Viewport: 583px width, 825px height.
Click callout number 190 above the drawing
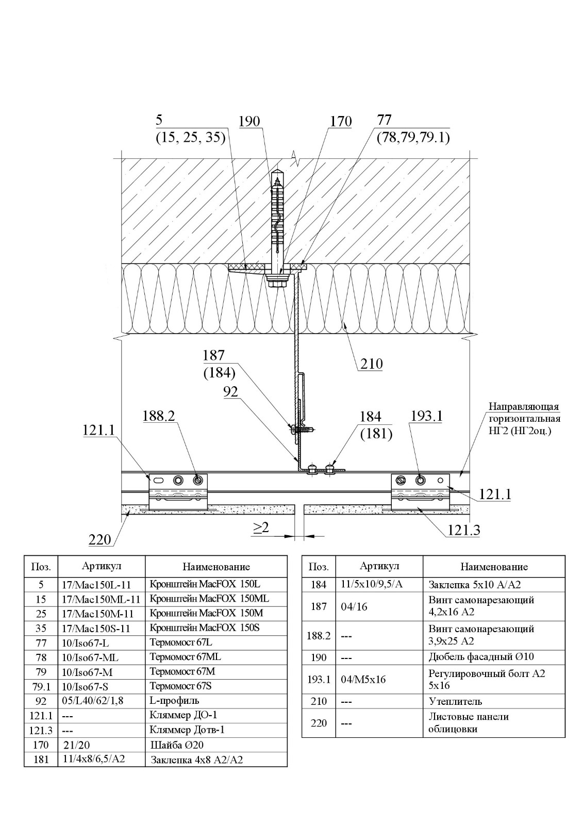[249, 122]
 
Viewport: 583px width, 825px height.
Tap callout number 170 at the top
[341, 122]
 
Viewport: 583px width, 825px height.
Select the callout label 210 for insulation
[371, 364]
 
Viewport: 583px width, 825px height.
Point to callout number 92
[231, 392]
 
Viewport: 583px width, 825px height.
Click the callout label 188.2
[159, 416]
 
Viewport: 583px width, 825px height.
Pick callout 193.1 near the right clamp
[426, 416]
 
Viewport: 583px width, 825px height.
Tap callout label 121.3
[463, 530]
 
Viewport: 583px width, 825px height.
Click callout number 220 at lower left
[99, 540]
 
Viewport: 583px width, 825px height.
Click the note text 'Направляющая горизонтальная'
[524, 412]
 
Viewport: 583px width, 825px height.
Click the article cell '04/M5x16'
[363, 679]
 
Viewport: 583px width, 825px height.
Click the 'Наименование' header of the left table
[216, 567]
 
